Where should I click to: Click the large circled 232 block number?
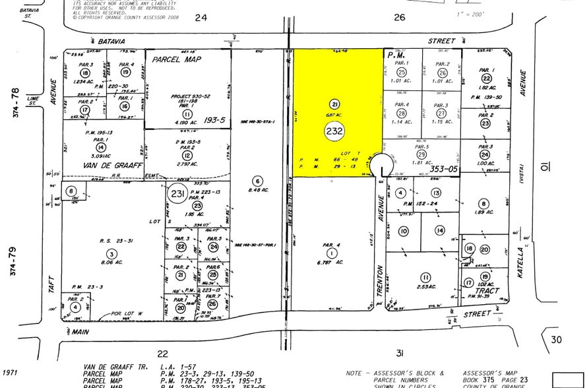335,131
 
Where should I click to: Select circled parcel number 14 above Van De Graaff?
100,148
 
